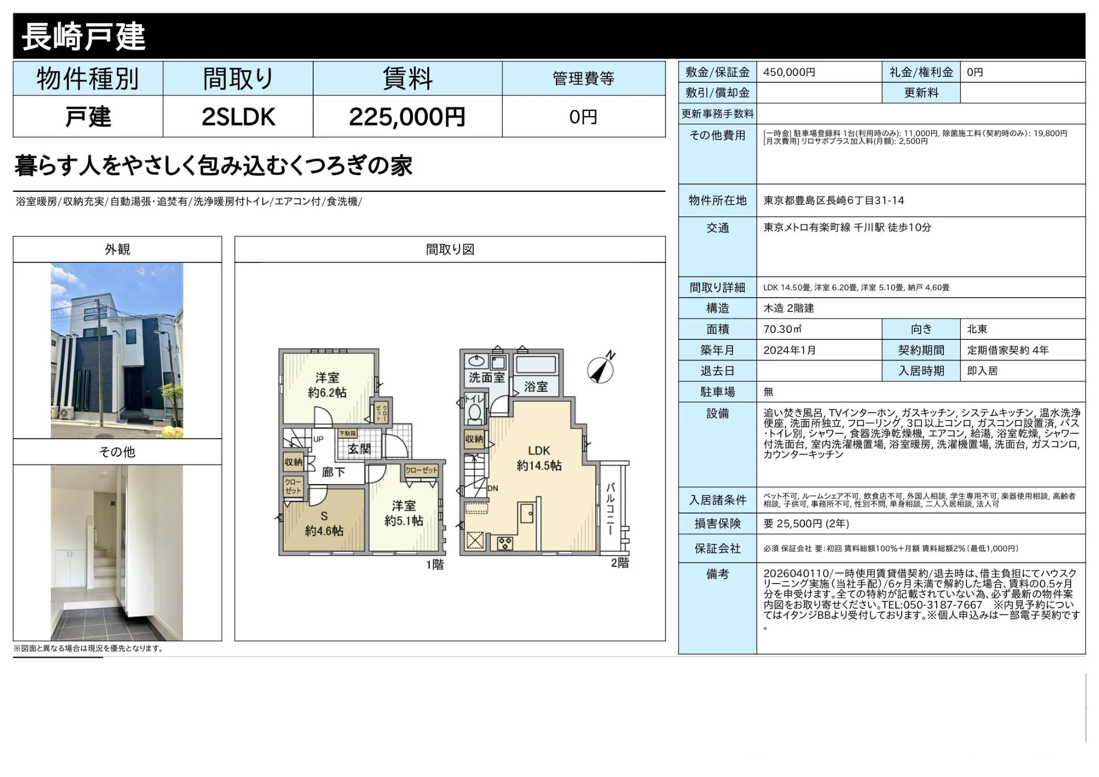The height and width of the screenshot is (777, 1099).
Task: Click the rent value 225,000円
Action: [407, 117]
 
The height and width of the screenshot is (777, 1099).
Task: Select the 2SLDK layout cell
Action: [238, 117]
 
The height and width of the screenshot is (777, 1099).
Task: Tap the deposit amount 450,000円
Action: [789, 72]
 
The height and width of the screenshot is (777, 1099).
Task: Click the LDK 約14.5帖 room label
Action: [539, 458]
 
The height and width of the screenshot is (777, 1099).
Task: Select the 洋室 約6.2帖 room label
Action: [327, 385]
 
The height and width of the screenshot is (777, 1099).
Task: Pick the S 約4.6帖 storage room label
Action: [324, 524]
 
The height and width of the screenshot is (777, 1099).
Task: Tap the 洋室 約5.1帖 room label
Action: [404, 513]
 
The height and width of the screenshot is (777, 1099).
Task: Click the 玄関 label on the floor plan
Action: [359, 449]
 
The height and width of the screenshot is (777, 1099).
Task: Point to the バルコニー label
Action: [610, 509]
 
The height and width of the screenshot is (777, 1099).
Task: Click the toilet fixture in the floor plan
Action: [474, 412]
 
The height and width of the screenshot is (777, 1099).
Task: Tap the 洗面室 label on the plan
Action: [486, 377]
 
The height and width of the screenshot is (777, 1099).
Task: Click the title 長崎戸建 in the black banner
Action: [83, 37]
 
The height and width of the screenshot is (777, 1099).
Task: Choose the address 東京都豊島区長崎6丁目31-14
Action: [834, 200]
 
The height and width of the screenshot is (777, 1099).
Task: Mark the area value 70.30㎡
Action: [783, 329]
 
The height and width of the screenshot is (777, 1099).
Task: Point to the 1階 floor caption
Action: [435, 564]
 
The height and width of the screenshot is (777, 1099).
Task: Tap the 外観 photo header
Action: [117, 250]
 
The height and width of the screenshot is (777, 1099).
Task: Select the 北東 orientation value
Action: [977, 329]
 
